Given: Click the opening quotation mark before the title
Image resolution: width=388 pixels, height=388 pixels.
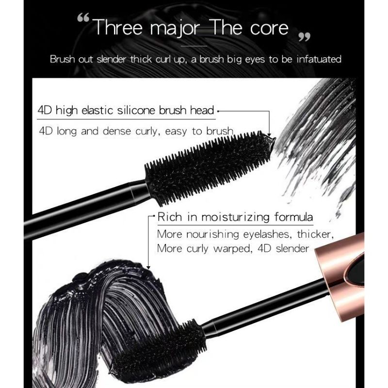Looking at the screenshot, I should coord(83,21).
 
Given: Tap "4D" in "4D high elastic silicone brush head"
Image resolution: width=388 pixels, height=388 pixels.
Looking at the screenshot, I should coord(45,111).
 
